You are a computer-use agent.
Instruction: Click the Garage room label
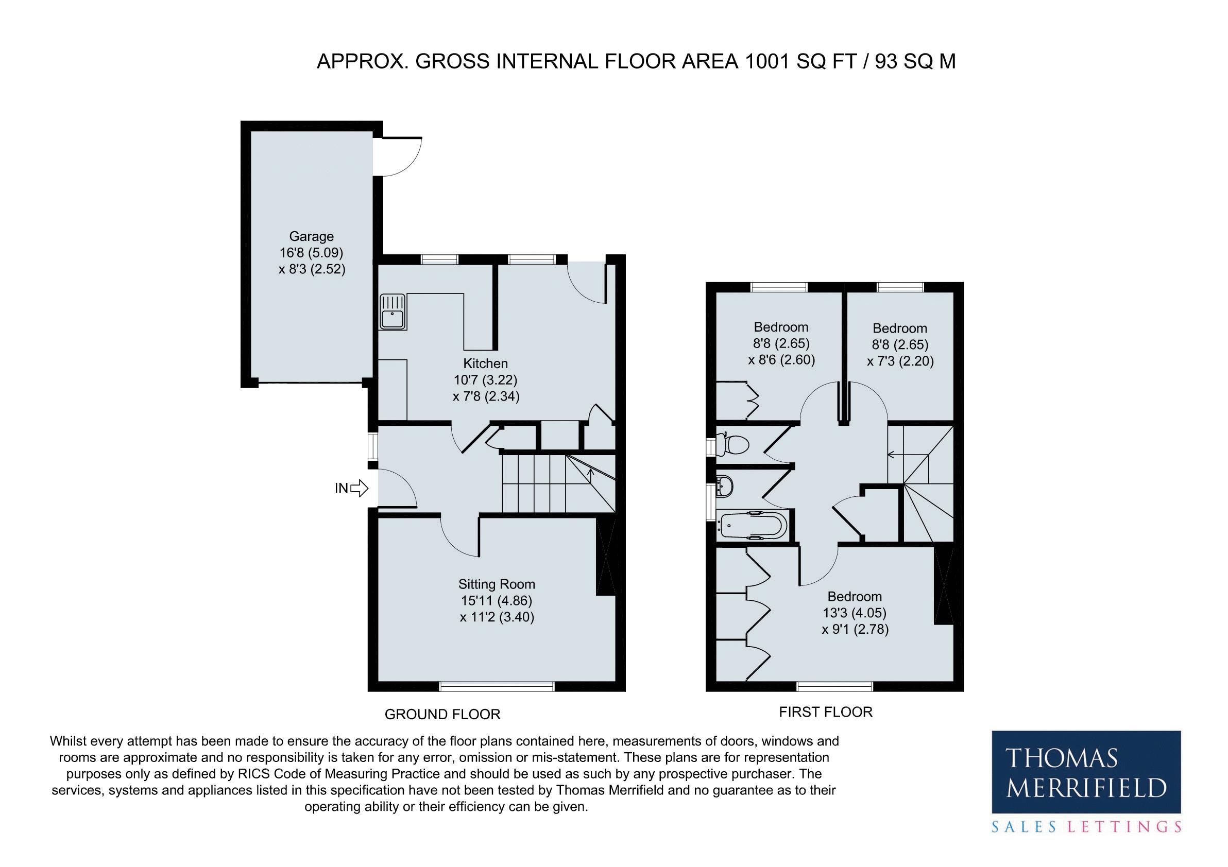point(311,236)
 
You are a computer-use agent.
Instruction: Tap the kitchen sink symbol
point(393,311)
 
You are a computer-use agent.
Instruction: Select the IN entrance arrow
point(360,488)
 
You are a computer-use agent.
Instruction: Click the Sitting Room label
point(497,584)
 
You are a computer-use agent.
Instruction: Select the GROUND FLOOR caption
point(442,714)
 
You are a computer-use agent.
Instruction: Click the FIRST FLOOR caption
point(826,712)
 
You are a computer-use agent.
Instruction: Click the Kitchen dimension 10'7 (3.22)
point(485,380)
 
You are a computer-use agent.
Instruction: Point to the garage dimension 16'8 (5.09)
point(311,252)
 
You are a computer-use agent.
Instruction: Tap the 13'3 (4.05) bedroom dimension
point(855,613)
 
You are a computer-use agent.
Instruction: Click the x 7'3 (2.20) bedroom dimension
point(900,361)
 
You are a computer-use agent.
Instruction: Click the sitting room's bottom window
point(497,686)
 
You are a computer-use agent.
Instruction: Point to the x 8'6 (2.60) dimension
point(781,360)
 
